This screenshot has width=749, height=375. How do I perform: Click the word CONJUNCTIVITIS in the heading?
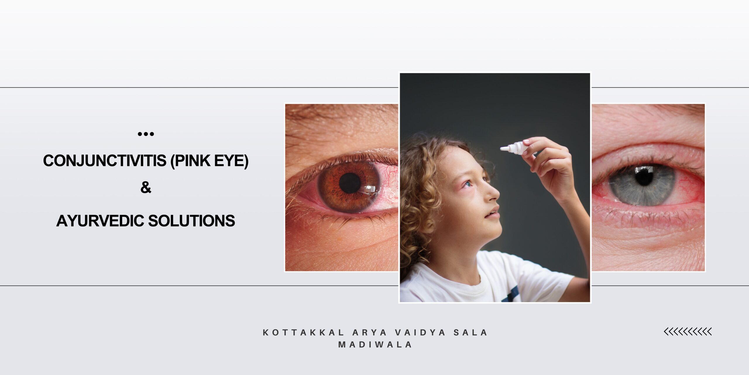[x=105, y=161]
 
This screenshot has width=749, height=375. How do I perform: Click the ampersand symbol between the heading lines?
[x=146, y=187]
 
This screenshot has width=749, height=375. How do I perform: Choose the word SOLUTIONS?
[x=192, y=221]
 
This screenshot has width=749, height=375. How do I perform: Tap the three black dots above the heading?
[x=146, y=134]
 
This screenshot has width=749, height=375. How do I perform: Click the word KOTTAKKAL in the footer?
[x=304, y=333]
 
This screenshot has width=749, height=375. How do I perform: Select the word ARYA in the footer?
[x=370, y=333]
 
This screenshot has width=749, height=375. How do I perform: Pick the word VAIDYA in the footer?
[x=420, y=333]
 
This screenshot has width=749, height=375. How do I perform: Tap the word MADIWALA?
[x=375, y=345]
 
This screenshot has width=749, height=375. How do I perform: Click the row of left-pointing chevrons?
[x=688, y=332]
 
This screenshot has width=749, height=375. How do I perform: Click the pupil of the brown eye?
[x=350, y=183]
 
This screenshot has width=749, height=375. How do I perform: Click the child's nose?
[x=494, y=193]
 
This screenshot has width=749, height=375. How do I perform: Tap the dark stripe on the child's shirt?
[x=510, y=294]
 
